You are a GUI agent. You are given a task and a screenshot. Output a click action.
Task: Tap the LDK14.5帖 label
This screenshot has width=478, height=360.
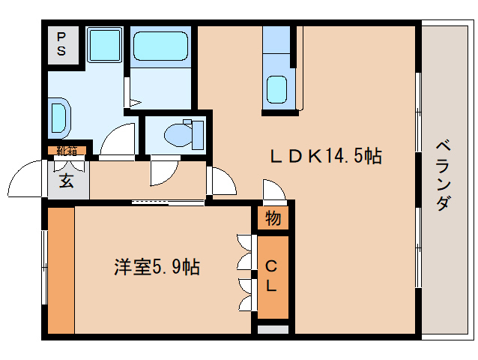[x=326, y=156]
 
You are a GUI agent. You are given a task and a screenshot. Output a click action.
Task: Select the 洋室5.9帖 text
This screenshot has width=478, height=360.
[x=157, y=267]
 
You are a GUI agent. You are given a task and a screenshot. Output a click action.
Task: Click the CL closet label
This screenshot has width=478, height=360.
[x=272, y=275]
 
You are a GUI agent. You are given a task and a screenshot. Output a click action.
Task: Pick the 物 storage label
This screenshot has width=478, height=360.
[x=273, y=219]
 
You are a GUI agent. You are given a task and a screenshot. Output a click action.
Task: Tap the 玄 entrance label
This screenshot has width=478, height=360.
[x=66, y=181]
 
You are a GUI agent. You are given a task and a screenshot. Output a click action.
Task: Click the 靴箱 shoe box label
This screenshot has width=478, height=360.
[x=67, y=150]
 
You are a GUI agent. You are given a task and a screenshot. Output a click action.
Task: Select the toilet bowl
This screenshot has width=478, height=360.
[x=177, y=134]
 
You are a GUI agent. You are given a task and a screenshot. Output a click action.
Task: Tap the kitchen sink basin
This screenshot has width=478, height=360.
[x=278, y=89]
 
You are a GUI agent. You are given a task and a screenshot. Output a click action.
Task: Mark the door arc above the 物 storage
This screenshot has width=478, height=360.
[x=273, y=191]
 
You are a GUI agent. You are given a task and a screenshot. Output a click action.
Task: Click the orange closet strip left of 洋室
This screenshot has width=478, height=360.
[x=61, y=270]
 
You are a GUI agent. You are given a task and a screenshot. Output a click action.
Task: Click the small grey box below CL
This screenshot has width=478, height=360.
[x=273, y=328]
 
